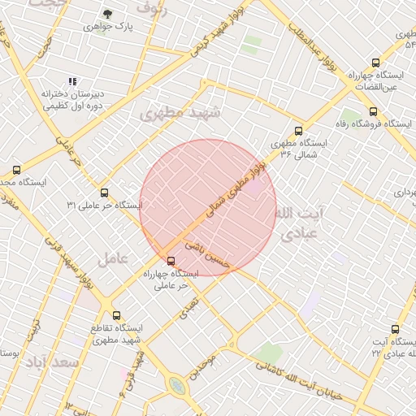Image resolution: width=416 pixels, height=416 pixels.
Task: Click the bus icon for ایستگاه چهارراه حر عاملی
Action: (x=170, y=261)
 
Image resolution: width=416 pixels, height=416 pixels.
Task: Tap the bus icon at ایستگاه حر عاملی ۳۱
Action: (x=104, y=193)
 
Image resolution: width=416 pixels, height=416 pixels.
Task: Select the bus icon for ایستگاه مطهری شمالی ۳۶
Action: (x=298, y=130)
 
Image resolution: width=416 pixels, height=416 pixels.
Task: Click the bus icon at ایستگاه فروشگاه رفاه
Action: (x=373, y=111)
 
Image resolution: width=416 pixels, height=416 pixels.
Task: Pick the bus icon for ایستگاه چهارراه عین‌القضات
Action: (x=375, y=63)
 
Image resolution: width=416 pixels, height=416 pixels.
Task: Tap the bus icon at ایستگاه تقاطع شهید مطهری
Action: (x=116, y=315)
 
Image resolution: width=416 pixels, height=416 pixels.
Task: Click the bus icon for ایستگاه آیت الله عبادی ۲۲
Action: (x=395, y=329)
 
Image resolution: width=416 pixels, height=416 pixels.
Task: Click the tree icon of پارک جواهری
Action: (x=108, y=14)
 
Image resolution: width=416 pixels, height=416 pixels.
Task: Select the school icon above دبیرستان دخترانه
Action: (x=72, y=81)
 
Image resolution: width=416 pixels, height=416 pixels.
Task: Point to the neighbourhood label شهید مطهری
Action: (x=180, y=114)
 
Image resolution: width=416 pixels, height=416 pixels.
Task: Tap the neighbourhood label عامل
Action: (x=113, y=259)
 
